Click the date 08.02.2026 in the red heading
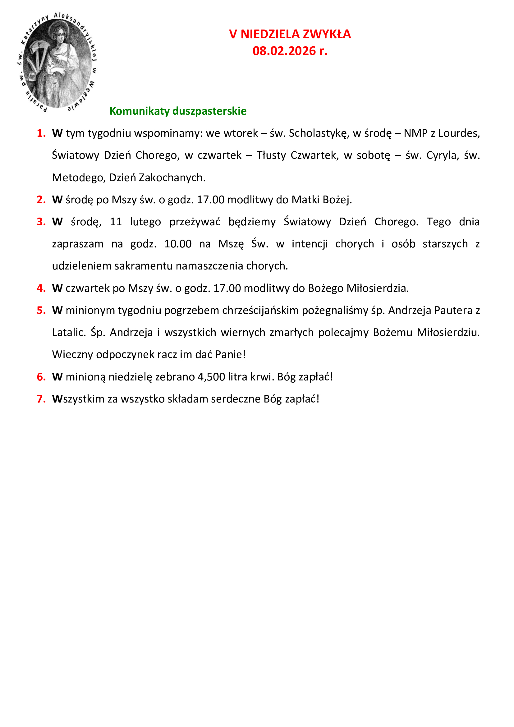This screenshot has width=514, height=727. click(x=284, y=51)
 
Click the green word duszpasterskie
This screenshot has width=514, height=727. click(x=209, y=111)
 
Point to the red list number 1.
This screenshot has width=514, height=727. click(x=41, y=133)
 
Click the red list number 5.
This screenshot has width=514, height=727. click(x=41, y=310)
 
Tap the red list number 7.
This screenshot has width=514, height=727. click(x=41, y=399)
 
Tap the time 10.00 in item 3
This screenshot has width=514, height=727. click(x=177, y=244)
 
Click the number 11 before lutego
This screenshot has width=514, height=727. click(x=116, y=222)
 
